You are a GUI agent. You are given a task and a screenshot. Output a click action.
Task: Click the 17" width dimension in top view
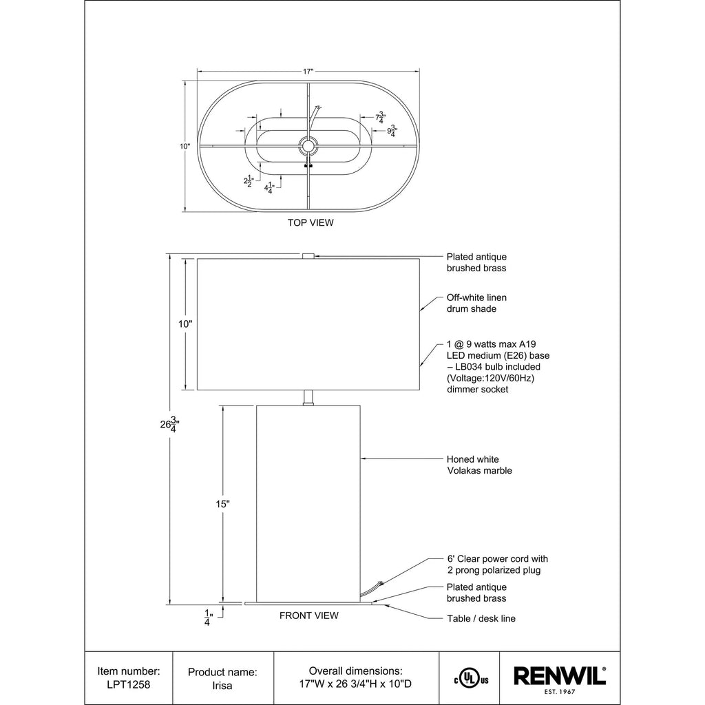click(308, 72)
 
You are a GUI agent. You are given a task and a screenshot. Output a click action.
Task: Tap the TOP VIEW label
click(311, 222)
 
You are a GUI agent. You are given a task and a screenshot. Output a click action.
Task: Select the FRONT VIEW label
click(309, 615)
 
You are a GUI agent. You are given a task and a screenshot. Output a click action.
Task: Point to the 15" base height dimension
click(222, 504)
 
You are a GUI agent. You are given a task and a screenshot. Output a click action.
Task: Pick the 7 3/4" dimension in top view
click(380, 117)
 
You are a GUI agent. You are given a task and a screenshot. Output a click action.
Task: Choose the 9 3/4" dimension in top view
click(392, 131)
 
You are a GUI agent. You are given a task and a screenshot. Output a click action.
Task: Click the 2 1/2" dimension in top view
click(249, 182)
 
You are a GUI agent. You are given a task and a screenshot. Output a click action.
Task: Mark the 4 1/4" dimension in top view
click(269, 189)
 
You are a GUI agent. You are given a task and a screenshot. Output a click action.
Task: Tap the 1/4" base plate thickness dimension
click(208, 618)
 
